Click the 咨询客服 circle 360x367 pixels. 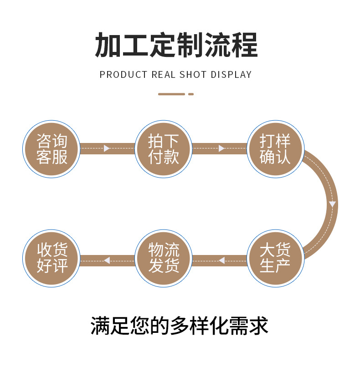[51, 148]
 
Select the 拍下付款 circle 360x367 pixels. [164, 148]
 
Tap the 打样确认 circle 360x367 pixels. [275, 148]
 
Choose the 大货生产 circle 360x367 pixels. [275, 258]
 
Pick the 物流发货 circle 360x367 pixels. [164, 258]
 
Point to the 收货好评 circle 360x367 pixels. [51, 258]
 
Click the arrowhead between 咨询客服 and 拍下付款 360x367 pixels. [107, 148]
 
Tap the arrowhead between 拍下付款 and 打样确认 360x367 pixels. [222, 148]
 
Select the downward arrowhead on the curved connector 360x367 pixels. [333, 204]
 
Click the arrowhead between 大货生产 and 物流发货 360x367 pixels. [222, 260]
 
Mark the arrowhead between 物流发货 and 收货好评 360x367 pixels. [107, 260]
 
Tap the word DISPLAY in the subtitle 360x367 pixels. [231, 75]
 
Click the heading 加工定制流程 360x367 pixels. [176, 45]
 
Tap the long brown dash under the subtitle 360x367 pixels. [171, 94]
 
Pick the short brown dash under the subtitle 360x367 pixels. [191, 94]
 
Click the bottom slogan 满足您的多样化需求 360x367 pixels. [180, 326]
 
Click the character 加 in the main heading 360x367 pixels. [108, 45]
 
